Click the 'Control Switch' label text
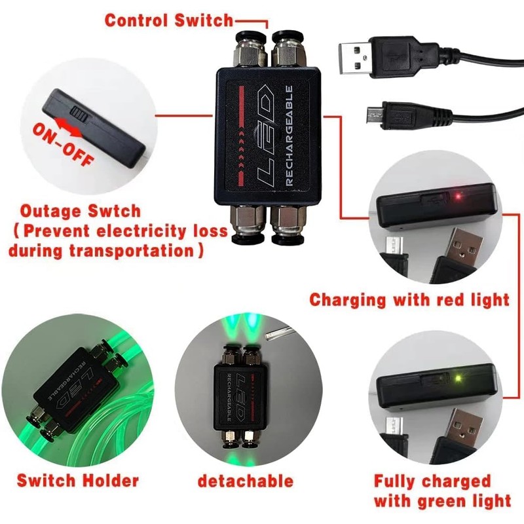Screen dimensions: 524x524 (169, 20)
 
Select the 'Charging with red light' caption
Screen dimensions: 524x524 (409, 300)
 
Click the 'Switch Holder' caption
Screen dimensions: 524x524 (78, 481)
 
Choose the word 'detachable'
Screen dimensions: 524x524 (246, 481)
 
